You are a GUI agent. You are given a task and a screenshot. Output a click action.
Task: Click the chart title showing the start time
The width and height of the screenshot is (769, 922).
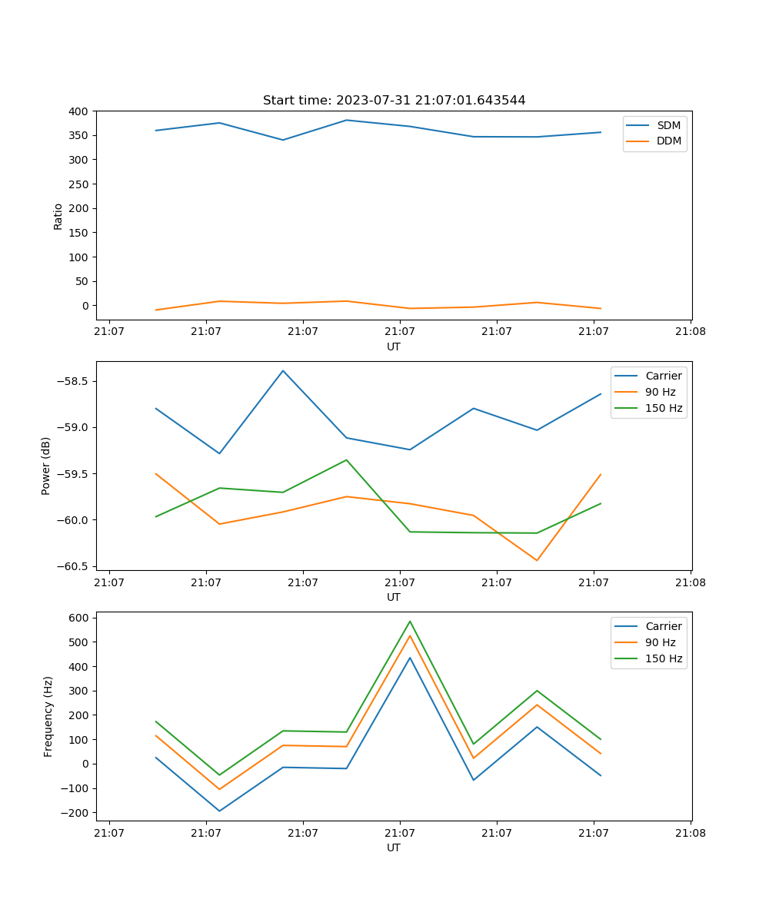pos(394,100)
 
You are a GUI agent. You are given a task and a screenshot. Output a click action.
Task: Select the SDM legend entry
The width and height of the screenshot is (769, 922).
pos(668,125)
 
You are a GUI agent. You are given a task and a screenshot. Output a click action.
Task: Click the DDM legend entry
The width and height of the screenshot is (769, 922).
pos(668,141)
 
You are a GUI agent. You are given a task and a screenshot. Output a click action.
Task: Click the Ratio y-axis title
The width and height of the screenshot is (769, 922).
pos(58,216)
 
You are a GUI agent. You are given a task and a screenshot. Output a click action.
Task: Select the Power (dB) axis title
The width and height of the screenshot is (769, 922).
pos(46,466)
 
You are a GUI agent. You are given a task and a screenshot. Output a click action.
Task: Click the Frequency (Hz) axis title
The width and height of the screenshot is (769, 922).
pos(48,716)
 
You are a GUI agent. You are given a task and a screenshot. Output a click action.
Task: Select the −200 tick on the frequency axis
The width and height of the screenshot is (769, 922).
pos(77,813)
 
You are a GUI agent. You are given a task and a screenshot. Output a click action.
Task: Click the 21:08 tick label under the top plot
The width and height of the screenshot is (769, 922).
pos(690,332)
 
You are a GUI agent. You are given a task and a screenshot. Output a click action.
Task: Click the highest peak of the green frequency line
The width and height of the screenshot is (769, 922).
pos(410,622)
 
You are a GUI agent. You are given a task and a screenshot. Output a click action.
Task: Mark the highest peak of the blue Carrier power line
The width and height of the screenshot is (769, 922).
pos(283,370)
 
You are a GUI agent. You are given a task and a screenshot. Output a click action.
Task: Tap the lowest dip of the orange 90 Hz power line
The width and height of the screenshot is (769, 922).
pos(537,560)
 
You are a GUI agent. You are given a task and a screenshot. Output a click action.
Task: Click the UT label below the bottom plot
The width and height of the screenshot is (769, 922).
pos(394,847)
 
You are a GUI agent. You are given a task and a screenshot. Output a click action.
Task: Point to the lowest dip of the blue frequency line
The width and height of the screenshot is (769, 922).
pos(220,811)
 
